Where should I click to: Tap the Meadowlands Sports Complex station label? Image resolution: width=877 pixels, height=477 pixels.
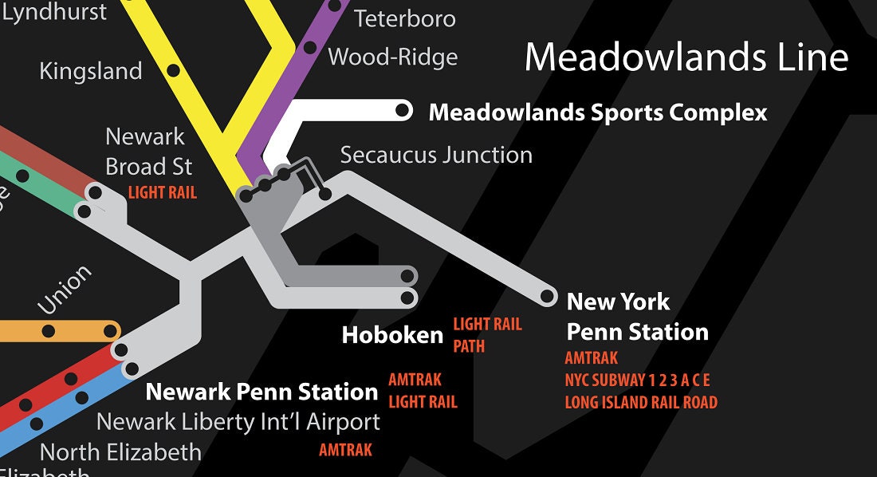pos(598,112)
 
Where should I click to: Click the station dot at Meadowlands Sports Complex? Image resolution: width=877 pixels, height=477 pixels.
pos(403,110)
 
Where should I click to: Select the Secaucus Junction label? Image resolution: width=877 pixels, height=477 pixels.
pos(436,155)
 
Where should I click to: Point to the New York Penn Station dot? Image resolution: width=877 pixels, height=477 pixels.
pos(548,297)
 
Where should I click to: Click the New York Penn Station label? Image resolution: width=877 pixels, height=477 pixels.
pos(637,317)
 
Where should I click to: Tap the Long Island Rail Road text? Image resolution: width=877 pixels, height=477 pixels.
pos(641,403)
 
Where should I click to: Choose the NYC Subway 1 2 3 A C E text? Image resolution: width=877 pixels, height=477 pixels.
pos(637,380)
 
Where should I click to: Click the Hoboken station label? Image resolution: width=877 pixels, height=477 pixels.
pos(392,335)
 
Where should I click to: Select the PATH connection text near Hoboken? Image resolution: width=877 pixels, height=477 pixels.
pos(469,347)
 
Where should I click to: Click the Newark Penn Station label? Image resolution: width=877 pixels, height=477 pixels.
pos(262,392)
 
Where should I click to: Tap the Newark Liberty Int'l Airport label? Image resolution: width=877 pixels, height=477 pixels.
pos(238,421)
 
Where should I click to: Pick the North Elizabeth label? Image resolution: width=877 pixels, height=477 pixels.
pos(120,452)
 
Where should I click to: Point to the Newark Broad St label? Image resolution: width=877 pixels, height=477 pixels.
pos(148,152)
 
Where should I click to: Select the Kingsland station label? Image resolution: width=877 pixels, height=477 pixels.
pos(90,71)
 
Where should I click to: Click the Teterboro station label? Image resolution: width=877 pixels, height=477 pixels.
pos(405,18)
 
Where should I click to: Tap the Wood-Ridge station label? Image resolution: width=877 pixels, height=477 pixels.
pos(393,57)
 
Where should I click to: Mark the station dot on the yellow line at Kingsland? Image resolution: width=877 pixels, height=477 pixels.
pos(173,70)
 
